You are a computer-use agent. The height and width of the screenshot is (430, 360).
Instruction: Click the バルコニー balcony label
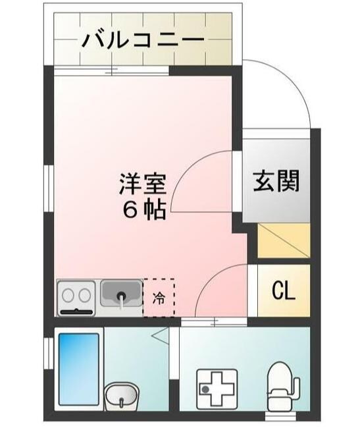click(x=142, y=40)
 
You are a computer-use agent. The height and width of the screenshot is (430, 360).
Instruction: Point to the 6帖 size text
click(x=142, y=209)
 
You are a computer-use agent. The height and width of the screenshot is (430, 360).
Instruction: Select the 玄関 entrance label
click(x=276, y=180)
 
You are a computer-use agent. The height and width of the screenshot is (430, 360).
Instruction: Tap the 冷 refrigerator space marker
click(x=159, y=297)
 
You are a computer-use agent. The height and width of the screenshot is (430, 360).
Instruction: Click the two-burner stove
click(x=77, y=298)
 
